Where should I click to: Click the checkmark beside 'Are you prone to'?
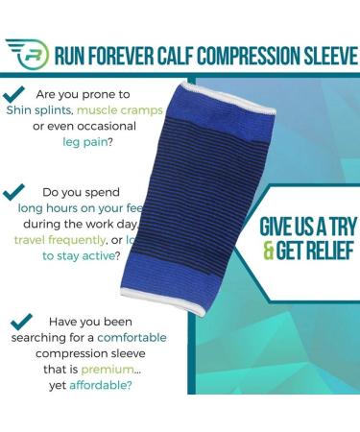[x=14, y=94]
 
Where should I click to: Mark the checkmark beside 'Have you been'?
[x=20, y=323]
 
